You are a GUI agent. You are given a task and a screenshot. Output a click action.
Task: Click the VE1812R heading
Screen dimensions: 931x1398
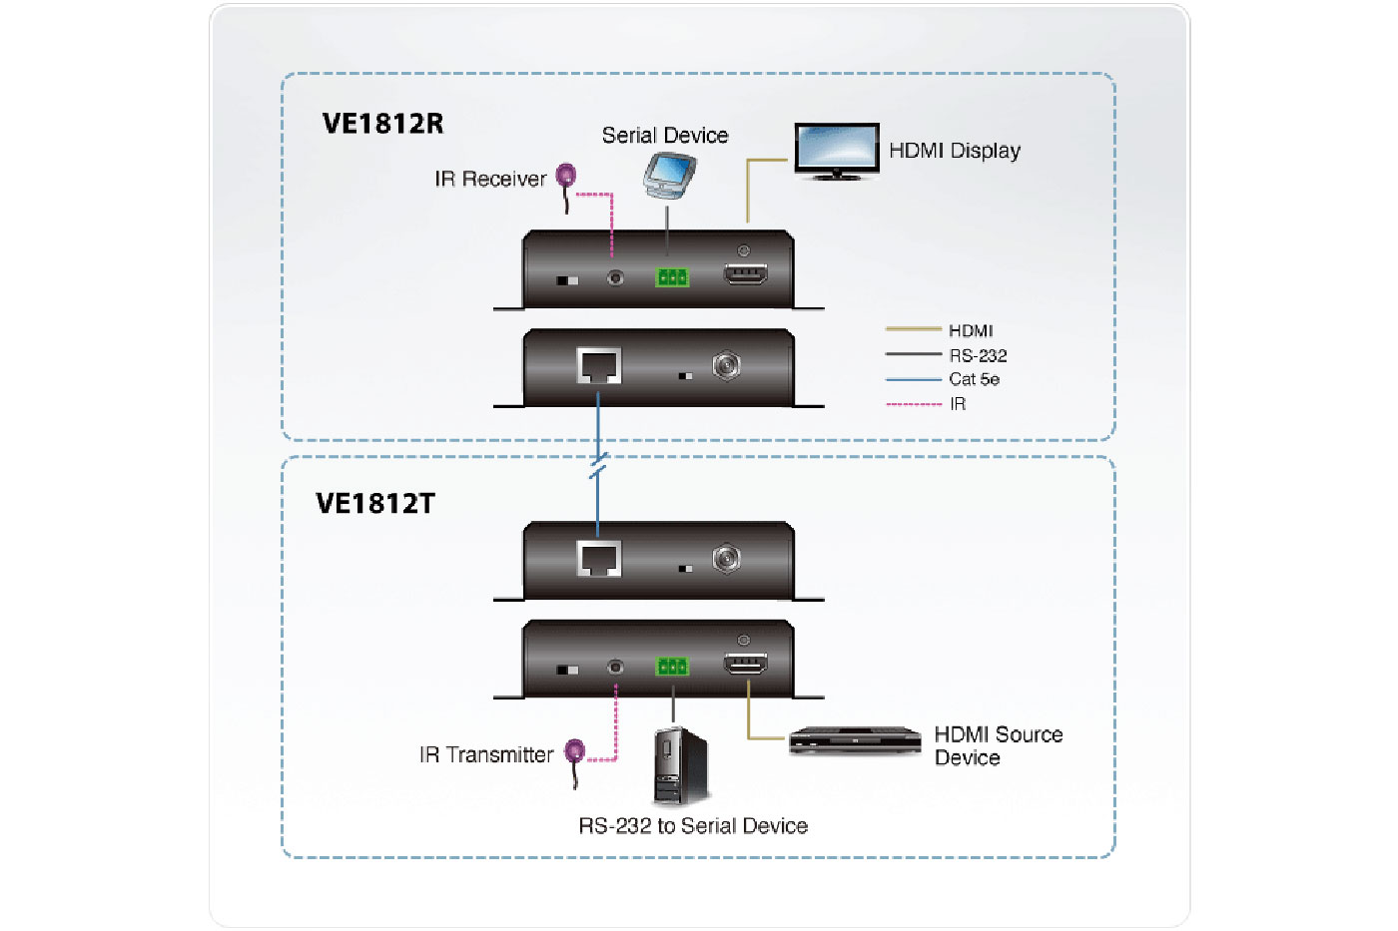point(382,124)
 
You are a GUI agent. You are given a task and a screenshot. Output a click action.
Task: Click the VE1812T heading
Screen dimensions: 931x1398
point(375,503)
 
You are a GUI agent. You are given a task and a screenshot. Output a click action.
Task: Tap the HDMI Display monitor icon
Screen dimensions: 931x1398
point(837,151)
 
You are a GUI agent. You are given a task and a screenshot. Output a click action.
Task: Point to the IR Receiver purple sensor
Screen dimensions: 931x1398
point(566,177)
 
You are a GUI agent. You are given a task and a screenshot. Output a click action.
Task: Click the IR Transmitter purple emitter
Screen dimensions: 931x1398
point(574,751)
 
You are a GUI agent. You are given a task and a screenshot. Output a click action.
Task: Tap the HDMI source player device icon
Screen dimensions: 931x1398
point(855,740)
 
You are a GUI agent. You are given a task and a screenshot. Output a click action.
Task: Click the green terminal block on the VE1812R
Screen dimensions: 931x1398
point(672,277)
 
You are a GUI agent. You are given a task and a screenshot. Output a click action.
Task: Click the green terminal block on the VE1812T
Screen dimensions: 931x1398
point(672,667)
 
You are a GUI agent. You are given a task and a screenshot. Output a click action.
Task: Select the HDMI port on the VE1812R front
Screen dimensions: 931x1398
point(745,274)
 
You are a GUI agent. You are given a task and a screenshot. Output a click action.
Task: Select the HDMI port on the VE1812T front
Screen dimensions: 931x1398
point(745,664)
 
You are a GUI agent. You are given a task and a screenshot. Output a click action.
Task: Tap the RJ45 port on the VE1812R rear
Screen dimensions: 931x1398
point(599,366)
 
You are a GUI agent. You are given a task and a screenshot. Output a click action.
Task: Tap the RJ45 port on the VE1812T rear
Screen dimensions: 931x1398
point(599,558)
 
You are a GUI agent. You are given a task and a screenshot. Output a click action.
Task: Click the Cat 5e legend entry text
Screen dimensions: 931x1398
point(974,379)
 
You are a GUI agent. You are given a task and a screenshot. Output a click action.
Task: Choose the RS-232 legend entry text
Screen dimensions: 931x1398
point(978,355)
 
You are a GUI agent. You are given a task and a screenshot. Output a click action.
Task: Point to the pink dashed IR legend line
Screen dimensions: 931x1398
point(914,404)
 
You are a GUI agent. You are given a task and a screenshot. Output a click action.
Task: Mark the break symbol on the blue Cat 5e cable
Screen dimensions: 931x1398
point(598,465)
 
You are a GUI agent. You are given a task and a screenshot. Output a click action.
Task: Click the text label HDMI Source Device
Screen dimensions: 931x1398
point(998,745)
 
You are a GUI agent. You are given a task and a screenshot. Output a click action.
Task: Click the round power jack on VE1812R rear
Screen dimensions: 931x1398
point(726,366)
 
